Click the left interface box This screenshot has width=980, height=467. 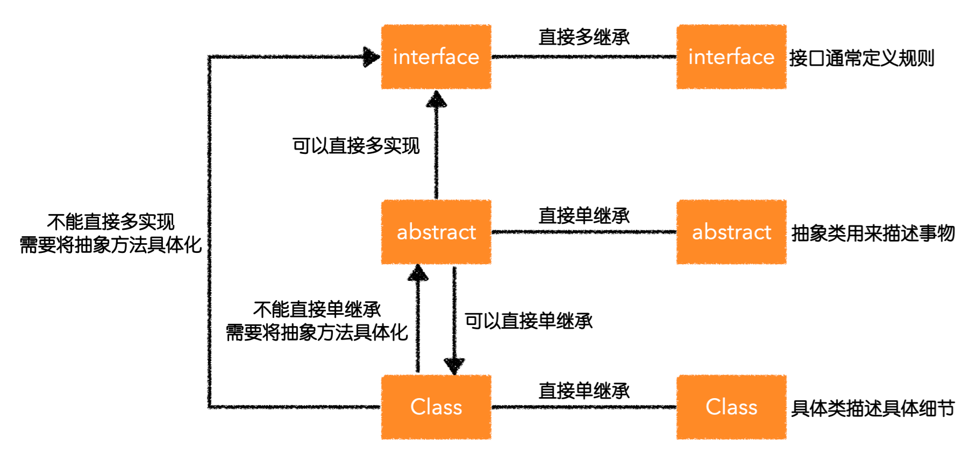click(436, 56)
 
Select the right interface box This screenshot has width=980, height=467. click(731, 56)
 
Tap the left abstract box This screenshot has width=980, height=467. click(436, 232)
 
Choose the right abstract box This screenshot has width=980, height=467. click(731, 232)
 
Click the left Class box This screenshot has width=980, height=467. click(436, 407)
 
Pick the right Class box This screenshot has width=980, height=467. click(731, 407)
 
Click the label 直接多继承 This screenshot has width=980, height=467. click(584, 37)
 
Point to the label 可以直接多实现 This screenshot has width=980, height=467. click(356, 146)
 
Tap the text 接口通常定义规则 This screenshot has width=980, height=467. click(861, 58)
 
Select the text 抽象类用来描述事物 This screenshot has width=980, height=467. click(872, 233)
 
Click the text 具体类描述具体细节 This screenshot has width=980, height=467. click(872, 408)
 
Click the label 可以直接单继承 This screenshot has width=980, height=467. click(528, 321)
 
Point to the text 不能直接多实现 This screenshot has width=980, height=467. click(111, 222)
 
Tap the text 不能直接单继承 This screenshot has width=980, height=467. click(317, 309)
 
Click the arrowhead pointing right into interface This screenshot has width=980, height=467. click(371, 56)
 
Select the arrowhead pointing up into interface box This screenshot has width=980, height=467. click(436, 100)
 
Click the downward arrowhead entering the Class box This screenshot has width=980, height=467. click(455, 366)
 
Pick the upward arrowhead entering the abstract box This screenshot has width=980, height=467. click(418, 273)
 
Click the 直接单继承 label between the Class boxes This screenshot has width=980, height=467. click(584, 391)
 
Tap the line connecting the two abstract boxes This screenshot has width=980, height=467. click(584, 232)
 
